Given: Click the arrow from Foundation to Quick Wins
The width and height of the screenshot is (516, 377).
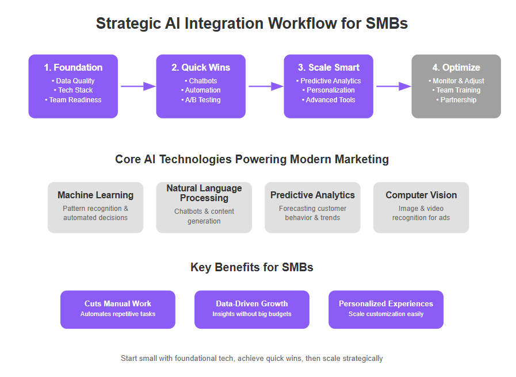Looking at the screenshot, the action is (139, 86).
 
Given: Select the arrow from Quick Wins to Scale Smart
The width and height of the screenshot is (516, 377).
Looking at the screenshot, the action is (266, 86).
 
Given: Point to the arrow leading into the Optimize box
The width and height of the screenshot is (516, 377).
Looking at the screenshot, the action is (394, 86).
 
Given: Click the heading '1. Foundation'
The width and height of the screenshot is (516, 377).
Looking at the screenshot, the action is (73, 67).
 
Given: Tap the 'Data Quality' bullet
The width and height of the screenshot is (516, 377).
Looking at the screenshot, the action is (73, 81).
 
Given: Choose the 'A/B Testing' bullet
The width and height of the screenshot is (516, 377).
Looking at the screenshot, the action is (201, 100).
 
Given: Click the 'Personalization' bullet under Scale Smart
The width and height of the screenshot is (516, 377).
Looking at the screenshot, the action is (328, 90).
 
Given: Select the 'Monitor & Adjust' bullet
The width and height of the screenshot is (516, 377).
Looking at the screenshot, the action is (456, 81).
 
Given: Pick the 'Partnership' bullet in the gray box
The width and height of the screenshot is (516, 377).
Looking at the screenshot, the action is (456, 100).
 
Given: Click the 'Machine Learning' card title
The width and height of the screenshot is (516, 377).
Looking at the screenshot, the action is (95, 195).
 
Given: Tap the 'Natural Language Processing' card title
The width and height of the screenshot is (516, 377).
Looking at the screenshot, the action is (204, 193).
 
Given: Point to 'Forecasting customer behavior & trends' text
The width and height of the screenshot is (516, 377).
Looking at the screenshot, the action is (312, 213).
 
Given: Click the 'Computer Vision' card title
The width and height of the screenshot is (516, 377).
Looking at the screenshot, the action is (421, 195).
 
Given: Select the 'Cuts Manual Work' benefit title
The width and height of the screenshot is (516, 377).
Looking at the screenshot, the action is (118, 303).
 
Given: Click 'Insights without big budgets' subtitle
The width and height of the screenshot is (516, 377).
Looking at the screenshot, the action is (252, 314).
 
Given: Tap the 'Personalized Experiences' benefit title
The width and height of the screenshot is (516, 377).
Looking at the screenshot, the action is (386, 303).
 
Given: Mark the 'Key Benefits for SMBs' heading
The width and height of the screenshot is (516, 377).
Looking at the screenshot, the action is (252, 267).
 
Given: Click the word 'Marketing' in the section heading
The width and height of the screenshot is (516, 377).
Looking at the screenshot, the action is (362, 159).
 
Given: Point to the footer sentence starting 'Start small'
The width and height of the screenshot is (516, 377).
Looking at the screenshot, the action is (252, 358).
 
